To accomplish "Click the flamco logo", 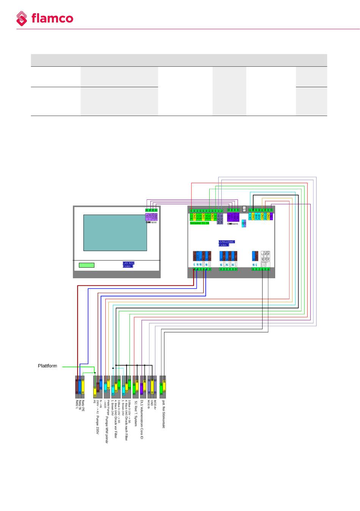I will point(44,19).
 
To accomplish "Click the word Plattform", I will point(47,366).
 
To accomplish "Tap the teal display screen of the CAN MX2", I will point(115,233).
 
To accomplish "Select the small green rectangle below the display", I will point(86,265).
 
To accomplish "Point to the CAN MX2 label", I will point(128,263).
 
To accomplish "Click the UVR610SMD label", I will point(227,241).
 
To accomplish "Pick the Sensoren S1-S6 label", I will point(200,223).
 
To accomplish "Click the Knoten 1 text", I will point(224,245).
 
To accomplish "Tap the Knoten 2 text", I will point(128,266).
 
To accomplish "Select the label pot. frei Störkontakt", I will point(163,414).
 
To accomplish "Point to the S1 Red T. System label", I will point(136,414).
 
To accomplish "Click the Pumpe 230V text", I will point(98,425).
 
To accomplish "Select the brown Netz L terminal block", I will point(77,385).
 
